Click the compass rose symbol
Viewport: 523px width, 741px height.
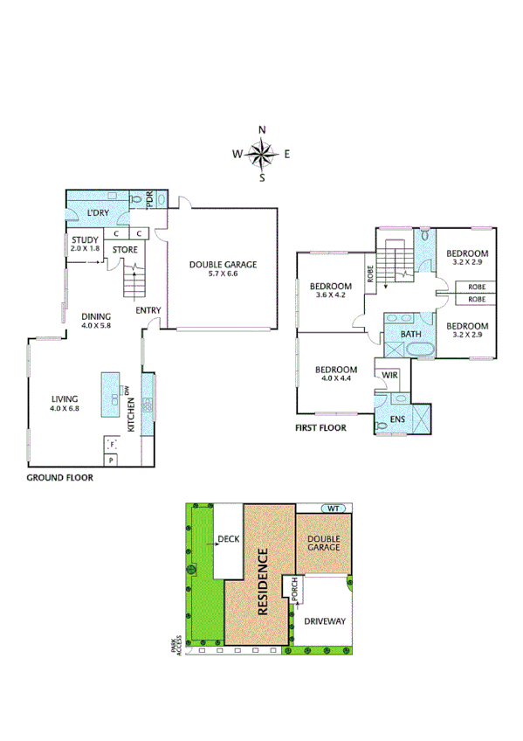tap(261, 155)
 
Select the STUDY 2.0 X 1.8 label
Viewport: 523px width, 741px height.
tap(85, 244)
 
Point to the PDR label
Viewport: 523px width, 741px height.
tap(148, 200)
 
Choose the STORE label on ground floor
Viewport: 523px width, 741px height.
tap(125, 250)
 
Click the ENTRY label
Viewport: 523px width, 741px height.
tap(147, 310)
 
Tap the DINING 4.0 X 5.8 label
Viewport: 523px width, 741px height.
tap(98, 321)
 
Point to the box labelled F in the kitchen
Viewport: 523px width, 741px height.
tap(112, 445)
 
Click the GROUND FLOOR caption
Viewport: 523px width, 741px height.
tap(59, 478)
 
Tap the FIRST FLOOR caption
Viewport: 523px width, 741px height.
tap(320, 428)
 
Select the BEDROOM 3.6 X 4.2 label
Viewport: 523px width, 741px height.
tap(330, 290)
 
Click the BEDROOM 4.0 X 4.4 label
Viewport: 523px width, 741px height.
tap(335, 374)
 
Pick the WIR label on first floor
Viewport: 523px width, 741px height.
tap(390, 375)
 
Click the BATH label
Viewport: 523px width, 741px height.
tap(410, 335)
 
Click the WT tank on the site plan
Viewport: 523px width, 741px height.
tap(333, 508)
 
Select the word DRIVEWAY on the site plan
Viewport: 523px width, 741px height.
tap(325, 621)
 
